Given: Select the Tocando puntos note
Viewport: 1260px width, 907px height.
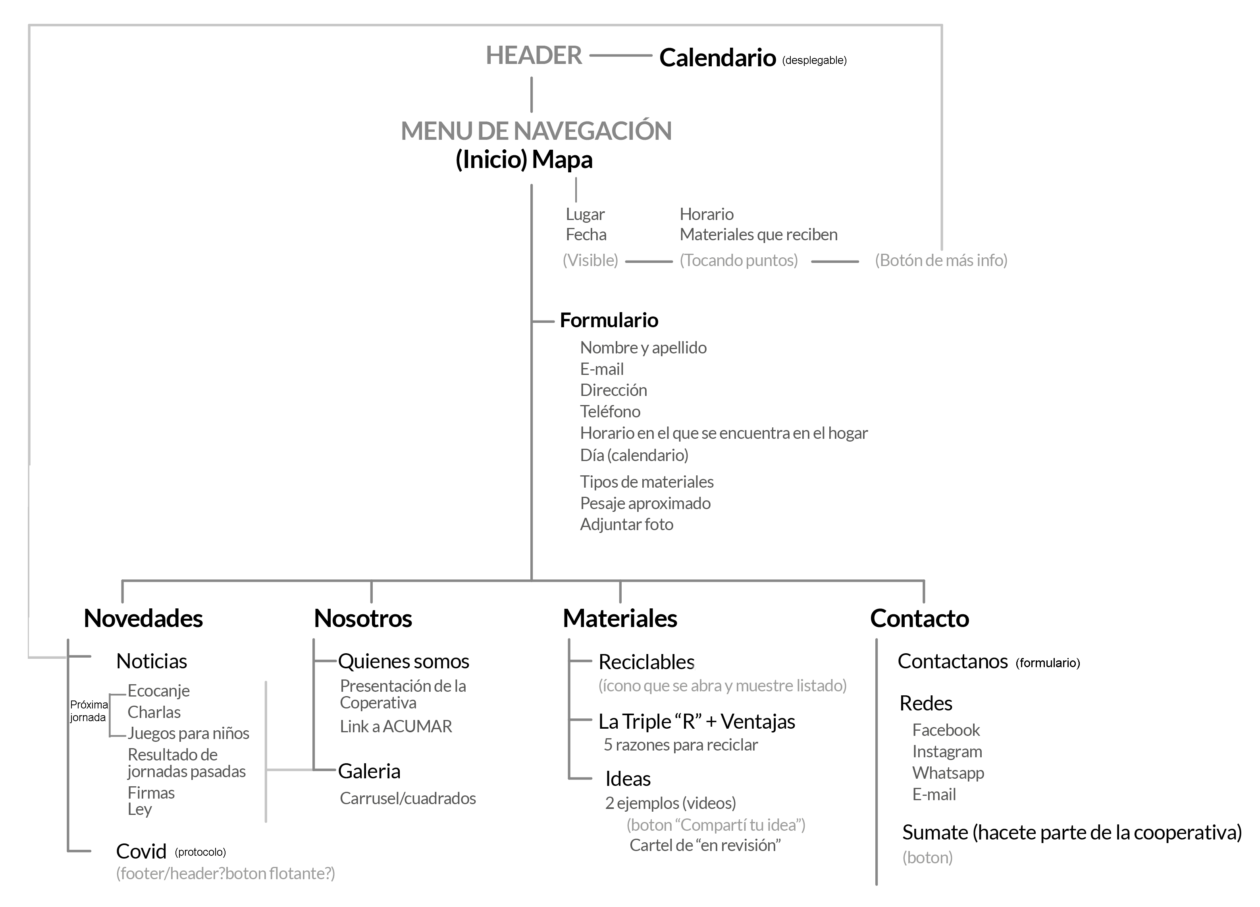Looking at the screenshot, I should click(738, 260).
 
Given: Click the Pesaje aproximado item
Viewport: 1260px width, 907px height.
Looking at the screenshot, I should click(645, 503).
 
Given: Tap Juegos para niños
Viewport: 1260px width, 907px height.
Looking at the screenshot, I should click(188, 733).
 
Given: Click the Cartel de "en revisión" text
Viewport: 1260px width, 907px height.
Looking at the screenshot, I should click(705, 845).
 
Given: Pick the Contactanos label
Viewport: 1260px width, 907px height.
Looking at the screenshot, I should click(952, 661).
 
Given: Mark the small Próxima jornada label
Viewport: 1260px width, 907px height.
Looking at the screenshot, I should click(89, 711).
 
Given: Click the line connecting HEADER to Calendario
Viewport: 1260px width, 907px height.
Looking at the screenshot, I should click(620, 56).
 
